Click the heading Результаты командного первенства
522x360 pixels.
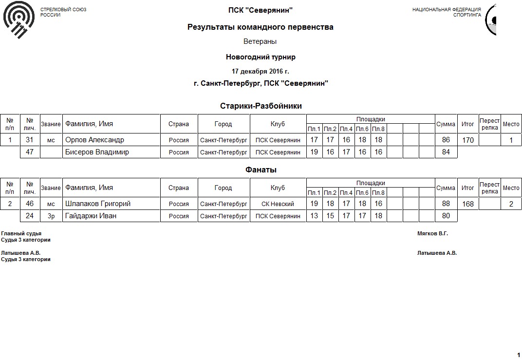tap(261, 27)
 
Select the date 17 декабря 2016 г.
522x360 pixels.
tap(261, 71)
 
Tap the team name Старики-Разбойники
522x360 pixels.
tap(261, 106)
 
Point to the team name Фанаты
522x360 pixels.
tap(261, 170)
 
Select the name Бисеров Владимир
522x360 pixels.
tap(97, 152)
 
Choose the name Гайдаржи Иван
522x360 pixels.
tap(91, 216)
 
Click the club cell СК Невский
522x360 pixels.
tap(278, 204)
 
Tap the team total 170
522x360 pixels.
tap(467, 140)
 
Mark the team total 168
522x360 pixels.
tap(467, 204)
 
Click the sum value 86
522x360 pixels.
tap(446, 140)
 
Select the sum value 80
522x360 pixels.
tap(446, 216)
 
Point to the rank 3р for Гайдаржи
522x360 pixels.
tap(51, 216)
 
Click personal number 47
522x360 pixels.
tap(30, 152)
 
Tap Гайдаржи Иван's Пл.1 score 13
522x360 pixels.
tap(314, 216)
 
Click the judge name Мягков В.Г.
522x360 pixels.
tap(432, 233)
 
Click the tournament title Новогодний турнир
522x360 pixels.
tap(261, 57)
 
